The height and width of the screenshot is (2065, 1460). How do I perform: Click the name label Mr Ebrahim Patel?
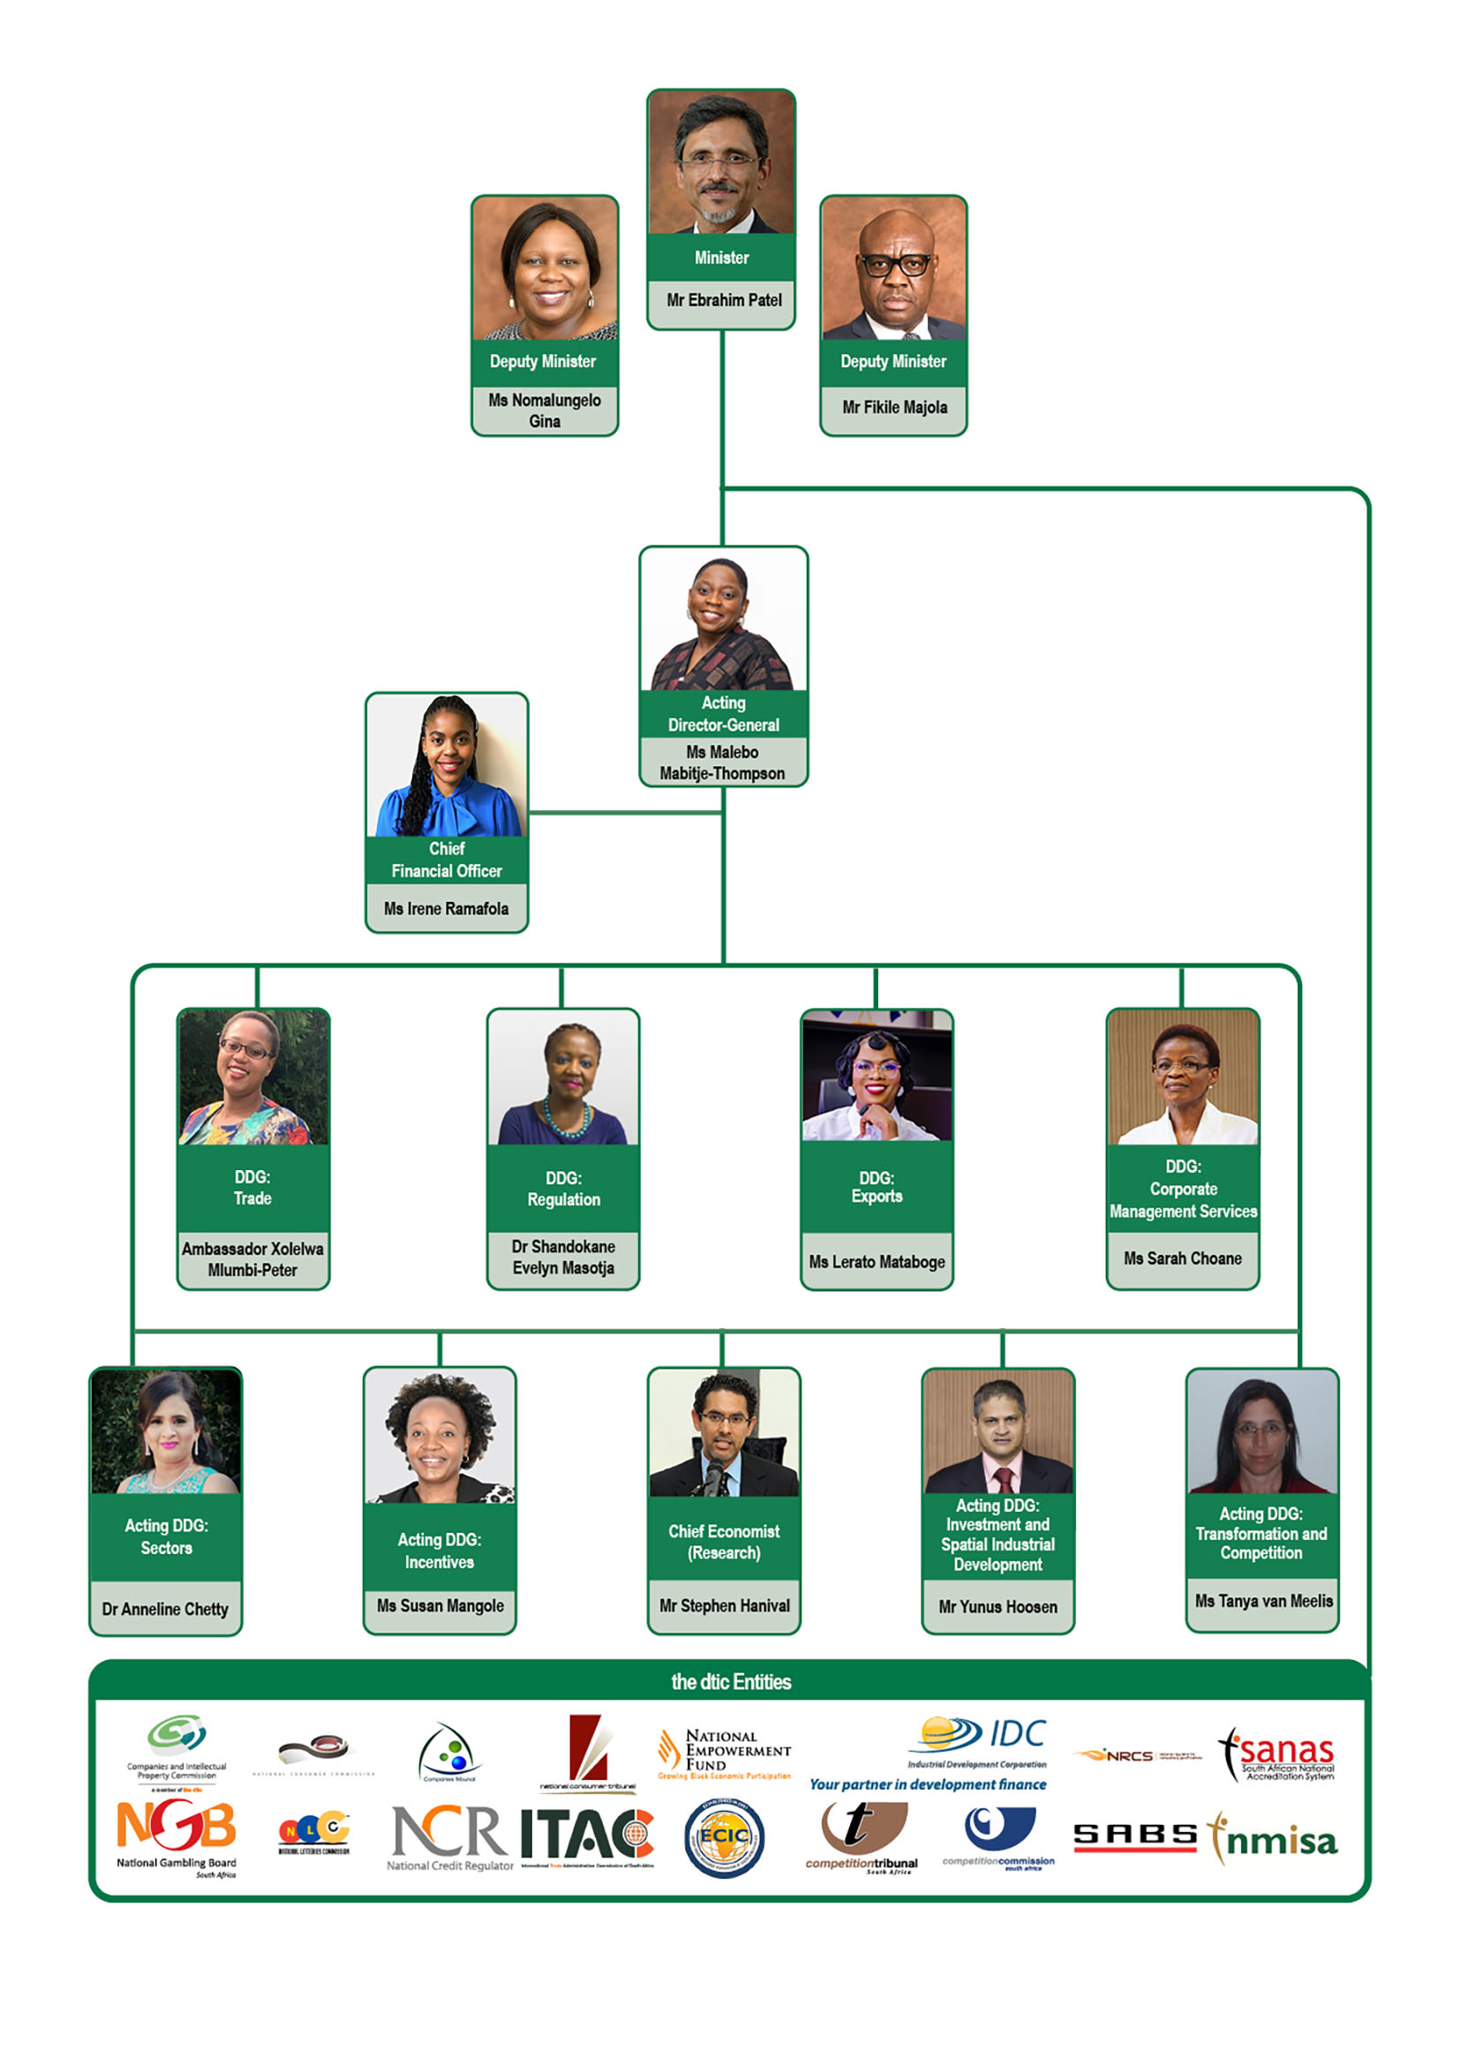(723, 300)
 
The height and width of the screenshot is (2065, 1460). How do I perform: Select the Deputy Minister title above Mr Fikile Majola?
(892, 362)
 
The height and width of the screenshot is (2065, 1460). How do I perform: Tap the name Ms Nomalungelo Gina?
(545, 410)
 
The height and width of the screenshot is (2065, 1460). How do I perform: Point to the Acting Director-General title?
(723, 713)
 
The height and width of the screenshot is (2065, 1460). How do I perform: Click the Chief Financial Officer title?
(446, 860)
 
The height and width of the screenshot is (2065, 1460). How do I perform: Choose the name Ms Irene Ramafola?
(446, 908)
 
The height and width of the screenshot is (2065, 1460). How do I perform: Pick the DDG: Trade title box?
(252, 1187)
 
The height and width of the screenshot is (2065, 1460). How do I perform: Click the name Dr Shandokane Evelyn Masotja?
(563, 1257)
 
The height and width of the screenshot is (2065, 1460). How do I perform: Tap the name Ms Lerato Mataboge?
(877, 1261)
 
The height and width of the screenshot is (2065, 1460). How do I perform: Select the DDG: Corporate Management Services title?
(1182, 1188)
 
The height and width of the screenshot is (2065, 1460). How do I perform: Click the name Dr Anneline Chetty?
(166, 1608)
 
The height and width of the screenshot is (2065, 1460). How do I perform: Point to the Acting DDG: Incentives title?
(439, 1551)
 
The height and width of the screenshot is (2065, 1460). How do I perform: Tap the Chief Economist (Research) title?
(723, 1542)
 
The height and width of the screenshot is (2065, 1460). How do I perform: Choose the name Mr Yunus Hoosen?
(997, 1606)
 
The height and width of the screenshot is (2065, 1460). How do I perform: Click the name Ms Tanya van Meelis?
(1263, 1601)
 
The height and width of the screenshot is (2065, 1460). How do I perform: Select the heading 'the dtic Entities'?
(731, 1682)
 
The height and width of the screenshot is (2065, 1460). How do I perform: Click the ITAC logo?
(587, 1836)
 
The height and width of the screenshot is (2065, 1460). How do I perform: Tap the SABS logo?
(1135, 1836)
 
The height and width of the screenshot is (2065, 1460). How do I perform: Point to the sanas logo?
(1277, 1754)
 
